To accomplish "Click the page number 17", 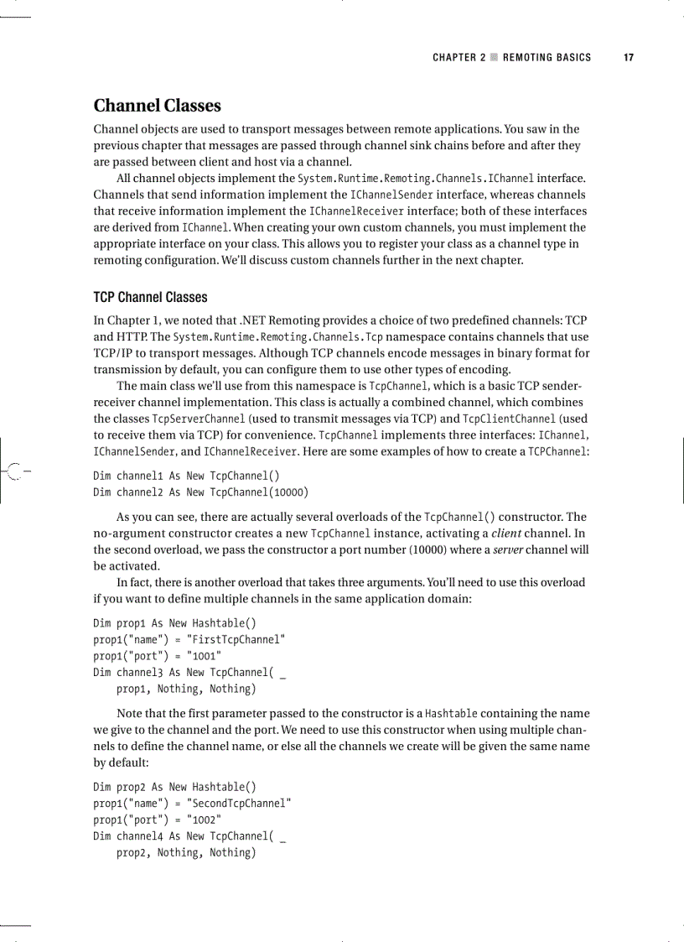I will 628,58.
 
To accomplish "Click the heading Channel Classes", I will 157,106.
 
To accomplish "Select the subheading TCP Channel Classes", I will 150,297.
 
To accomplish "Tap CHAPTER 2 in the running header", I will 459,58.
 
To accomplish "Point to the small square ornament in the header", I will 495,58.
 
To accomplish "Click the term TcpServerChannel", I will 199,419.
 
